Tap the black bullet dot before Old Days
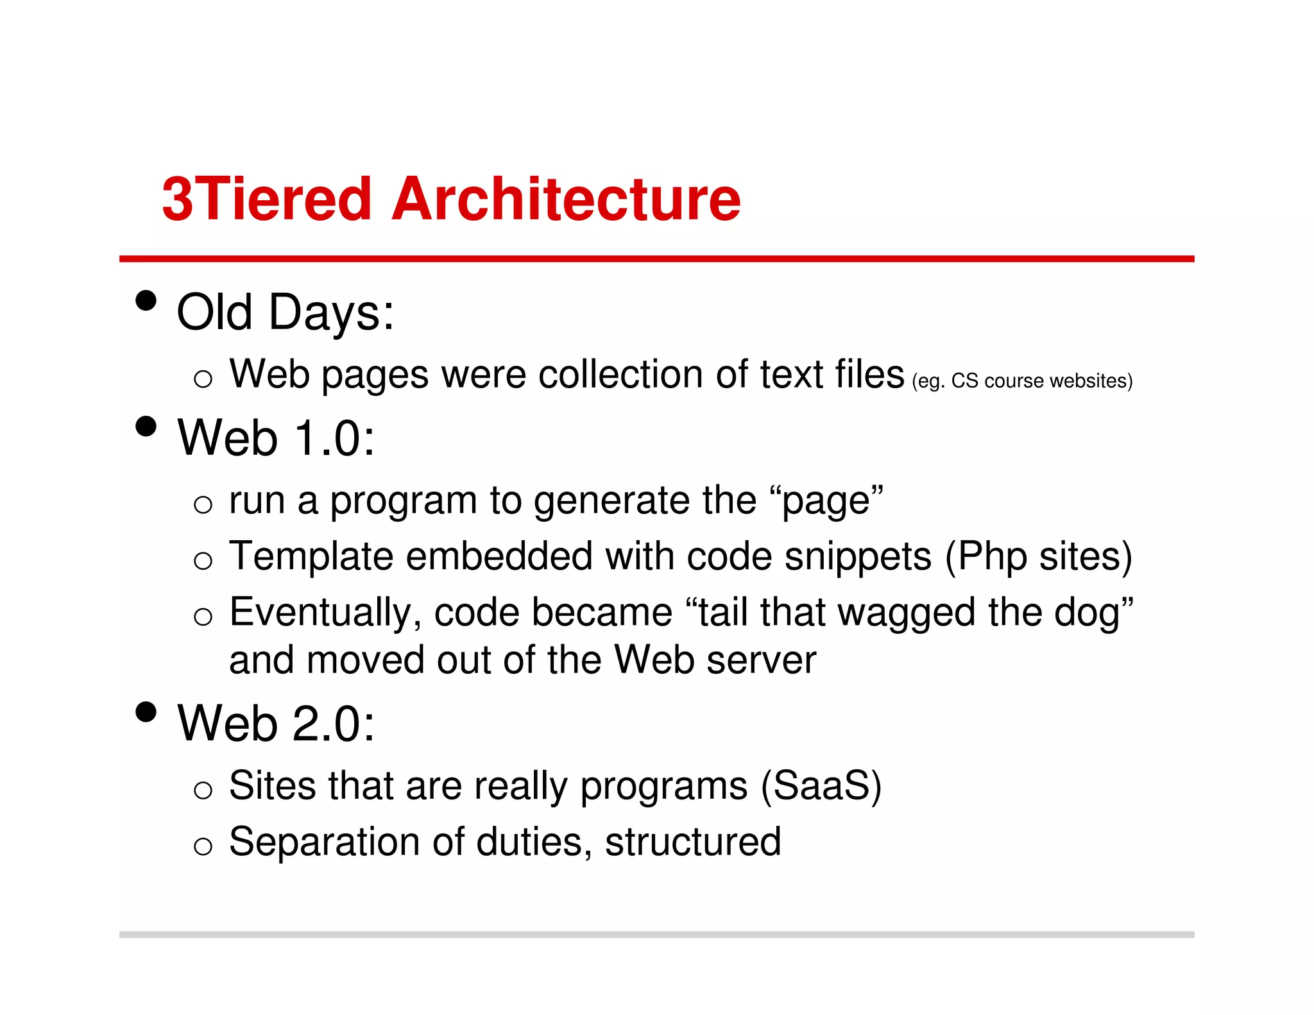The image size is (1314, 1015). pos(146,300)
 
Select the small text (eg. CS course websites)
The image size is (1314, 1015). pos(1022,381)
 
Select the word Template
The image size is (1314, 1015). pos(311,556)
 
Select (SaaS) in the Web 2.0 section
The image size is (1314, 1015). pos(821,785)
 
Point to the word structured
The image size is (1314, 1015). pos(693,842)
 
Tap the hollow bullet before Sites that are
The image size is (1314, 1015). pos(203,790)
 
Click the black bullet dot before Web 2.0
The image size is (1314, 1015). pos(146,712)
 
